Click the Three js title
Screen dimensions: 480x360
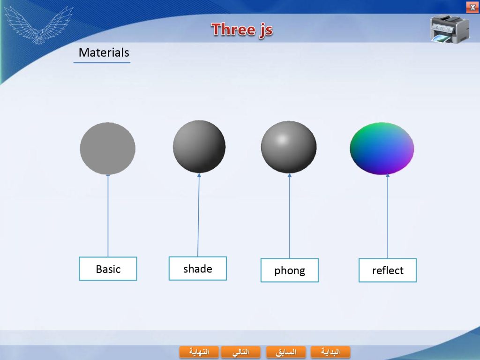click(x=242, y=30)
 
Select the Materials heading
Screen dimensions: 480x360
click(x=104, y=52)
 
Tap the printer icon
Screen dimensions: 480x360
click(x=449, y=29)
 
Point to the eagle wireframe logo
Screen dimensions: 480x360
click(x=39, y=25)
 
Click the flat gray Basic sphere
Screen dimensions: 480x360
click(x=108, y=149)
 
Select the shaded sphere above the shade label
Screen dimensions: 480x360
click(x=199, y=147)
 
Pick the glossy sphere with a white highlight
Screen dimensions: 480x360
click(x=289, y=147)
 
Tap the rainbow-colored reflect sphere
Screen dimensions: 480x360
click(x=382, y=149)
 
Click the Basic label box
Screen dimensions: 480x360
click(x=108, y=269)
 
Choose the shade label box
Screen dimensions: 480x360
click(x=198, y=269)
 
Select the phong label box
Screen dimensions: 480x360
click(x=290, y=270)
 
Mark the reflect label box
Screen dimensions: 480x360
click(x=388, y=270)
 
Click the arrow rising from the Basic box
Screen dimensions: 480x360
click(x=108, y=216)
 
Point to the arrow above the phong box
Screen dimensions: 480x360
click(x=290, y=216)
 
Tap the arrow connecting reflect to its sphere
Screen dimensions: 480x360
click(x=388, y=216)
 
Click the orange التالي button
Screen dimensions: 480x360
click(x=240, y=352)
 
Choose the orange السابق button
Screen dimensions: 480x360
click(x=286, y=352)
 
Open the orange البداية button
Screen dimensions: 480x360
click(x=330, y=352)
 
